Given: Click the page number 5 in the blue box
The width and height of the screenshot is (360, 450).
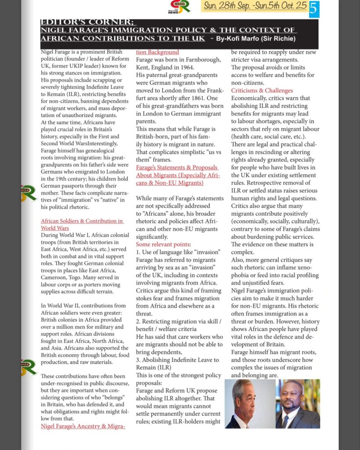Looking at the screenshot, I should (314, 9).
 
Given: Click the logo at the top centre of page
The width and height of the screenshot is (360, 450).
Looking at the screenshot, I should (180, 6).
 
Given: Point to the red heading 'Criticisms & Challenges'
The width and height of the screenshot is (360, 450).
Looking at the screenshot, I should (262, 91).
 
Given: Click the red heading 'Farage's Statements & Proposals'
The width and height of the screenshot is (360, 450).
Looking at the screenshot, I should (176, 167).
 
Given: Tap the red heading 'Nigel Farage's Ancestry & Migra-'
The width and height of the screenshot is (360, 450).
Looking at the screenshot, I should (83, 426).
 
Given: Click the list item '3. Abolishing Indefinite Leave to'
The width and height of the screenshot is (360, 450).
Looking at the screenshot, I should (177, 360).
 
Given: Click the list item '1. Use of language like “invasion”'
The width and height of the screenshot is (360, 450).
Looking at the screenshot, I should (178, 252).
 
